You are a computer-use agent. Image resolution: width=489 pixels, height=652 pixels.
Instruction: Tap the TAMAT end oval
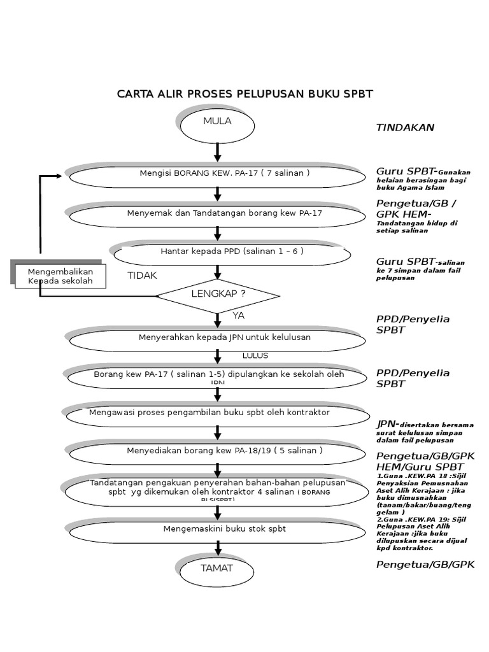pos(217,570)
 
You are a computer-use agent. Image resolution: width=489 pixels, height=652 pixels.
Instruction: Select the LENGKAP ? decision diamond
pos(218,295)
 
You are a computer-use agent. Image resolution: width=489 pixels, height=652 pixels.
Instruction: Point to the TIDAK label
pos(142,276)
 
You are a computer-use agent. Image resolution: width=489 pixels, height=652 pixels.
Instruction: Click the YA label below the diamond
pos(238,316)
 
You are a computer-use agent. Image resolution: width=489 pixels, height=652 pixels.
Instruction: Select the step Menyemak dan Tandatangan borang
pos(217,215)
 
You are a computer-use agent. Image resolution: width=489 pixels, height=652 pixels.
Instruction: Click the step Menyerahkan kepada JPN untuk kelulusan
pos(217,339)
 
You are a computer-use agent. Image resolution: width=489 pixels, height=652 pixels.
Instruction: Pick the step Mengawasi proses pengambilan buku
pos(217,415)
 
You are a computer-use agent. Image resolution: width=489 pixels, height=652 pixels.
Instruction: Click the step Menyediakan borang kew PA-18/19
pos(217,452)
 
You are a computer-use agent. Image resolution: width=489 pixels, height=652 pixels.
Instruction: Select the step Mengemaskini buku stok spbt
pos(217,530)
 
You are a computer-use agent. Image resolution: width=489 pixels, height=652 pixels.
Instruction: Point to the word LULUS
pos(255,355)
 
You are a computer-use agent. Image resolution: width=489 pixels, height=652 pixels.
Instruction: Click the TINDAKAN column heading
pos(405,127)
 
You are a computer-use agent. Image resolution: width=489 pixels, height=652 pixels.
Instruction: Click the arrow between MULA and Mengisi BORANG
pos(218,152)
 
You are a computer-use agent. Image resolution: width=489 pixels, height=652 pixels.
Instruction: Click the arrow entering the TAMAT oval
pos(218,548)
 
